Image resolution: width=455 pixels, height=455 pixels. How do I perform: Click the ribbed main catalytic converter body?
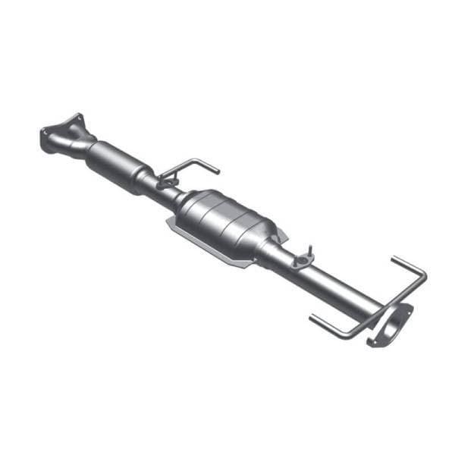click(227, 220)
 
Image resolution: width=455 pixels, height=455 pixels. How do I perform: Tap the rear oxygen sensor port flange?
click(303, 262)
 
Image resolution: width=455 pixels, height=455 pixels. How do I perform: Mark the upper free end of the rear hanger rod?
click(394, 260)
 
